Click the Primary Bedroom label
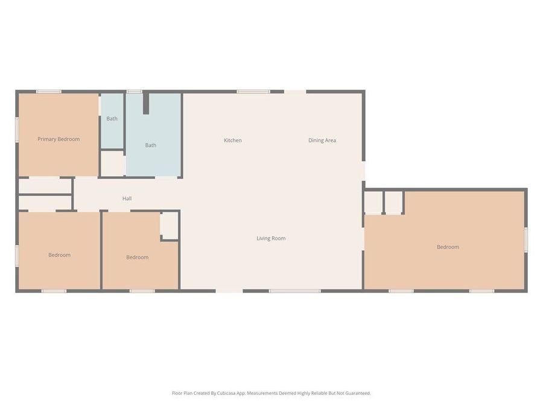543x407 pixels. pyautogui.click(x=59, y=139)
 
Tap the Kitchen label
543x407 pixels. pyautogui.click(x=233, y=140)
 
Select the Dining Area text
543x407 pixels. pyautogui.click(x=322, y=140)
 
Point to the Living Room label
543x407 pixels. pyautogui.click(x=271, y=238)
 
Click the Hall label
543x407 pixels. pyautogui.click(x=127, y=198)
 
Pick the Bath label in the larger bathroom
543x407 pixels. pyautogui.click(x=151, y=145)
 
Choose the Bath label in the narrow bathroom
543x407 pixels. pyautogui.click(x=112, y=119)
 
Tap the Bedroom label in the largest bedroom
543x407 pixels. pyautogui.click(x=448, y=247)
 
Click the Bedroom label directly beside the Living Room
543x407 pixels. pyautogui.click(x=137, y=257)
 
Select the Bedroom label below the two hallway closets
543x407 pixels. pyautogui.click(x=59, y=255)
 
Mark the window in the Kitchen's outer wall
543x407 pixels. pyautogui.click(x=253, y=92)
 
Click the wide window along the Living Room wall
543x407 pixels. pyautogui.click(x=294, y=291)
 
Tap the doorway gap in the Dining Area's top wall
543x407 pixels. pyautogui.click(x=295, y=92)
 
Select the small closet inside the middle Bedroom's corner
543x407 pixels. pyautogui.click(x=170, y=226)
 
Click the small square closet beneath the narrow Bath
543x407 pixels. pyautogui.click(x=113, y=163)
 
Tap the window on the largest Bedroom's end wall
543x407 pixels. pyautogui.click(x=526, y=239)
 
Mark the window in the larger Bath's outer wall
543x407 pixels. pyautogui.click(x=134, y=92)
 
